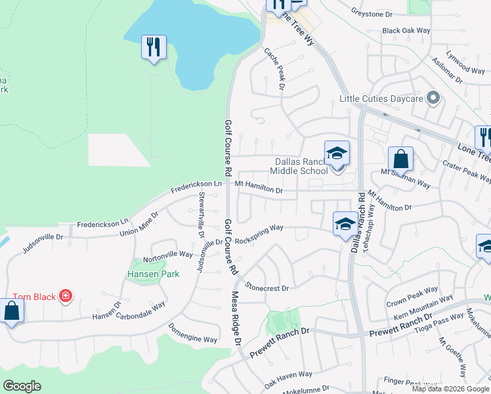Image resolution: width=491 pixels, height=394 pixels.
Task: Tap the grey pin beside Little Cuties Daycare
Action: click(433, 98)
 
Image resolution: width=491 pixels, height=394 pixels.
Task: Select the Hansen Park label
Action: click(144, 273)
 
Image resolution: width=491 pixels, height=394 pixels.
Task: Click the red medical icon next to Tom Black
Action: click(66, 297)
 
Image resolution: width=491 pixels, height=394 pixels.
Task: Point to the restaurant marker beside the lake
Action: click(154, 47)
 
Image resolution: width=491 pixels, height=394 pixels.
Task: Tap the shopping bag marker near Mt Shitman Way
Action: click(400, 160)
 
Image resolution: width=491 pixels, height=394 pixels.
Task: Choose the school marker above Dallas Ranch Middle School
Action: click(337, 154)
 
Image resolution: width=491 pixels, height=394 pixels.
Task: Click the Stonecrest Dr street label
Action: click(267, 287)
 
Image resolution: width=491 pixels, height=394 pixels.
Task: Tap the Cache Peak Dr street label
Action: click(274, 68)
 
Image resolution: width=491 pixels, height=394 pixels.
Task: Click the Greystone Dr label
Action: click(371, 13)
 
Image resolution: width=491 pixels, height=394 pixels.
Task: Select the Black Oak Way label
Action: click(406, 31)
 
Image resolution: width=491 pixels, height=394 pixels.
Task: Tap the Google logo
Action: click(22, 386)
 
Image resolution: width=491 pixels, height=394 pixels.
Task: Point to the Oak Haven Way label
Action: click(288, 378)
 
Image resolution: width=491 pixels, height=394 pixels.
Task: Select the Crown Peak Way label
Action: click(412, 290)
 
